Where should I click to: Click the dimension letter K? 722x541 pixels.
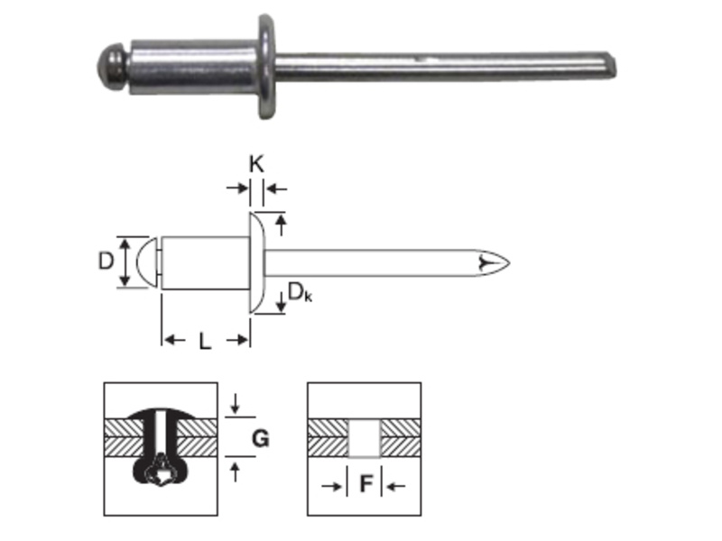[x=256, y=164]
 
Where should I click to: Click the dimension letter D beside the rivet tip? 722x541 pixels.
[x=106, y=261]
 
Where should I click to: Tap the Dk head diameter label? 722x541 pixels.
[x=300, y=292]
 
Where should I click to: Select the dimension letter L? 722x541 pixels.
[x=205, y=342]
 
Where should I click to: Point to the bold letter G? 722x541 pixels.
[x=261, y=438]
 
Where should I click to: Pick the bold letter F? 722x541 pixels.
[x=366, y=484]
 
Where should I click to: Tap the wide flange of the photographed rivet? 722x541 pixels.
[x=266, y=67]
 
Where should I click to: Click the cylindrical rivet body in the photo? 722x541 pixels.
[x=193, y=67]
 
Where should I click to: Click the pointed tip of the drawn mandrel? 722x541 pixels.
[x=509, y=262]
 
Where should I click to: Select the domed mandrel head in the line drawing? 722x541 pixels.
[x=147, y=262]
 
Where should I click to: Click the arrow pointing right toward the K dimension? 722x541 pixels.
[x=237, y=188]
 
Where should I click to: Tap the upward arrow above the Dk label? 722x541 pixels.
[x=281, y=225]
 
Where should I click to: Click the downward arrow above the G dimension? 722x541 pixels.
[x=236, y=403]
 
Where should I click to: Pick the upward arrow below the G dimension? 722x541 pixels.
[x=236, y=472]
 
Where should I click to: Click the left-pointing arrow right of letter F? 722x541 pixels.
[x=395, y=486]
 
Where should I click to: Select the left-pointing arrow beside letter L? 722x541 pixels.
[x=175, y=341]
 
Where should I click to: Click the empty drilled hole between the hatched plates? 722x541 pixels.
[x=365, y=438]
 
